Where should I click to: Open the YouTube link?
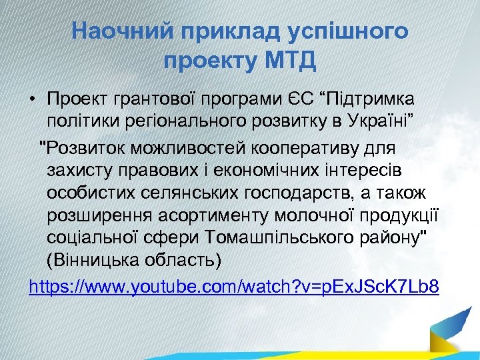[234, 287]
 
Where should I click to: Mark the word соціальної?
[95, 239]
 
